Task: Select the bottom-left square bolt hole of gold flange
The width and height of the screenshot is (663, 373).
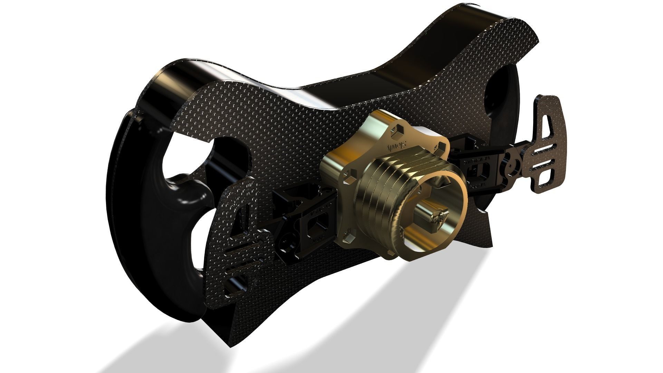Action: [x=348, y=237]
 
